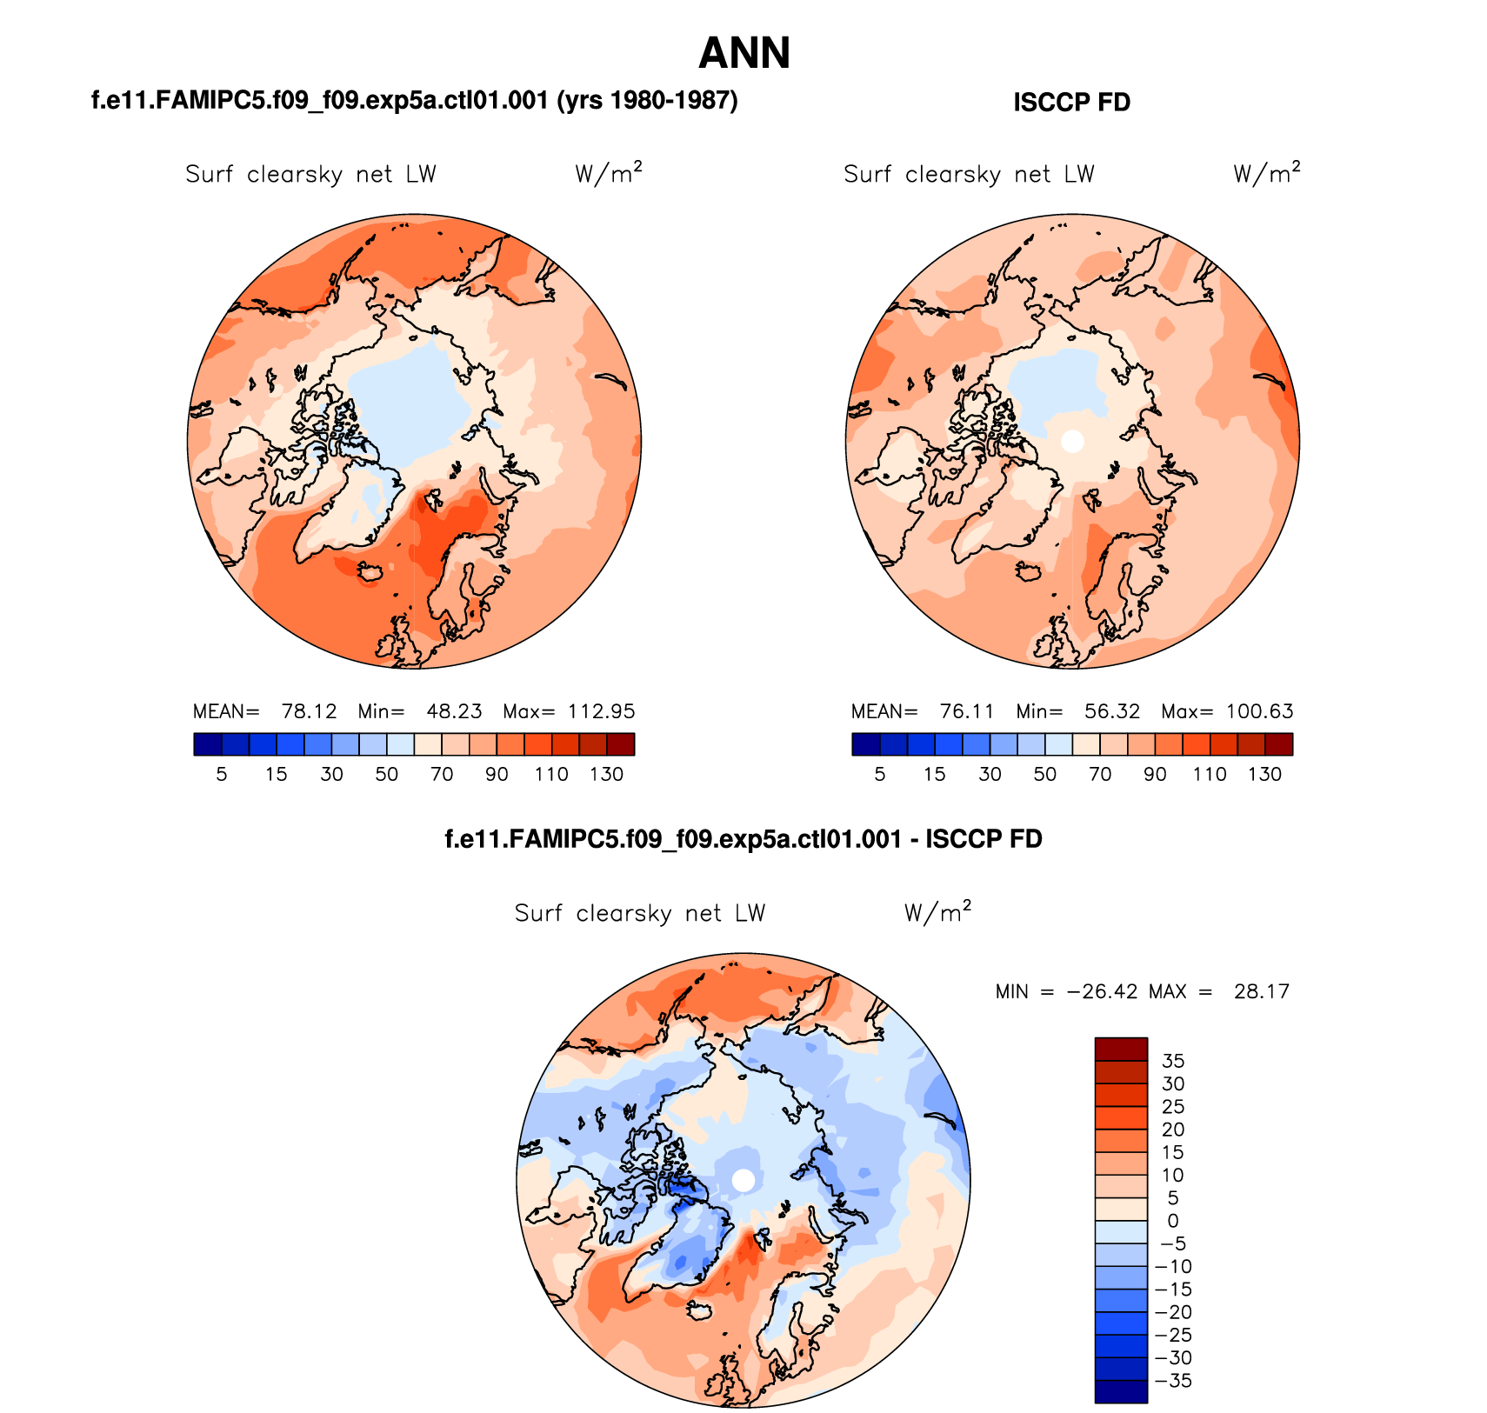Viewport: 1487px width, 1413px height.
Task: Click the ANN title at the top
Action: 743,53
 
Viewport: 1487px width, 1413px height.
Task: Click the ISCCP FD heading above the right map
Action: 1071,103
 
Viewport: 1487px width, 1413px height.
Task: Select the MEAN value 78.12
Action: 309,711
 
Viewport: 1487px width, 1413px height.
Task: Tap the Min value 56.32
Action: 1111,711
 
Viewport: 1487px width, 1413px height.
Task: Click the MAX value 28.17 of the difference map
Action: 1261,991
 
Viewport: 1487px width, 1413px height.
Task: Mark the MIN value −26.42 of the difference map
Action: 1102,991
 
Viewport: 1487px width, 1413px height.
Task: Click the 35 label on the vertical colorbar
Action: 1173,1061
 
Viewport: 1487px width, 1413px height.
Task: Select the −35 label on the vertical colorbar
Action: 1173,1381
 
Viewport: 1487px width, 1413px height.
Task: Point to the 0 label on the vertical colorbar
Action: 1173,1221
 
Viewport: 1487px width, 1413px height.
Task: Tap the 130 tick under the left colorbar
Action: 606,774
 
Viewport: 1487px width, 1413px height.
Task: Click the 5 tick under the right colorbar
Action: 880,774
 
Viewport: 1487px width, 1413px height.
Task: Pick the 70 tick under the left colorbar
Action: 442,774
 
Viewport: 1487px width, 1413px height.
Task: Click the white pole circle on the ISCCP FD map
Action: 1072,441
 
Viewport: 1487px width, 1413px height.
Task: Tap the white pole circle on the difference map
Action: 743,1180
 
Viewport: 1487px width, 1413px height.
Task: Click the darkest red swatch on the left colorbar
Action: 621,744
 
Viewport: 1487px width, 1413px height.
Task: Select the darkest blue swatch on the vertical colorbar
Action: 1121,1391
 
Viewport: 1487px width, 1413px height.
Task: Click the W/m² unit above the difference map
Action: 937,912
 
